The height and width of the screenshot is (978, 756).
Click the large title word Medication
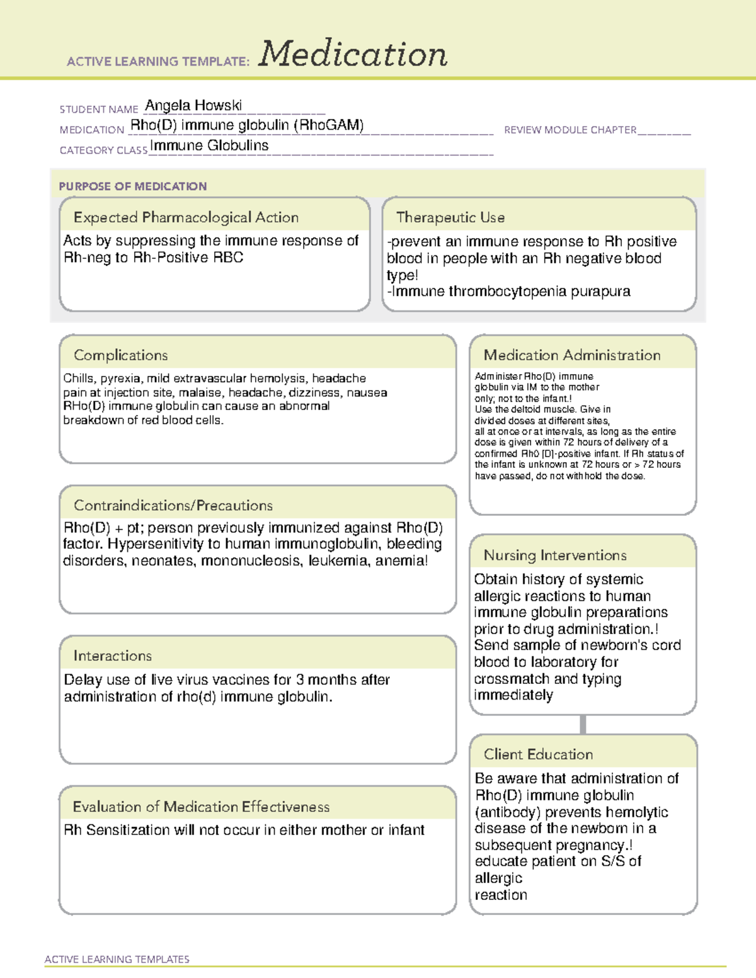[353, 54]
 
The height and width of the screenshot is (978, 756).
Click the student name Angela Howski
[193, 105]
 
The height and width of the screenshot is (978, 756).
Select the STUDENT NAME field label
[98, 110]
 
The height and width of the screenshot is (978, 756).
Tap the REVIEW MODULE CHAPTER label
[570, 130]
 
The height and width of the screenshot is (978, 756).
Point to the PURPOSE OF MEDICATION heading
[132, 186]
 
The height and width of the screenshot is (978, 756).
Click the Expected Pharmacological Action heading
[186, 217]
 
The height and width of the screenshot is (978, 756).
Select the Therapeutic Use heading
[450, 217]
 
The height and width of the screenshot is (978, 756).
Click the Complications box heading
[120, 355]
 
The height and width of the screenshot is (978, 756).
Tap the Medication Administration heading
[571, 355]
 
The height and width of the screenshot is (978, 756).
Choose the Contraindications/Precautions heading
[173, 505]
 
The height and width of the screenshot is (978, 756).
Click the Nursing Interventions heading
[554, 555]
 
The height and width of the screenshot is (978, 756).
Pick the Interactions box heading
[112, 656]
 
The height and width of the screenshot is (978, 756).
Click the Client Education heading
[538, 754]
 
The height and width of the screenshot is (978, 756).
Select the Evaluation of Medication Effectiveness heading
[201, 807]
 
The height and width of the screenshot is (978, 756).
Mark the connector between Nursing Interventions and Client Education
[583, 724]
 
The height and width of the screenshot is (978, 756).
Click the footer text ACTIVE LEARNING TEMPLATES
[117, 959]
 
